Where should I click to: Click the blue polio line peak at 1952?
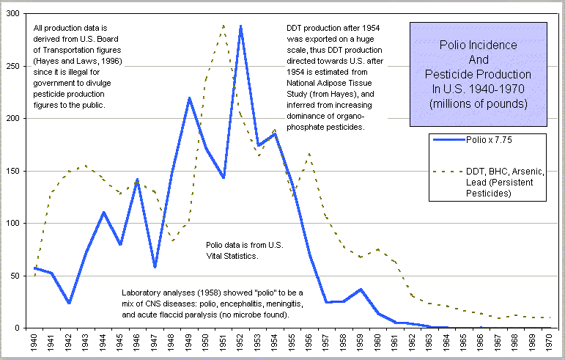240,26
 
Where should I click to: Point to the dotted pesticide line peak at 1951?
224,25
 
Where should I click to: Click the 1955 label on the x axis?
292,343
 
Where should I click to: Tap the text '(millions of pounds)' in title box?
478,103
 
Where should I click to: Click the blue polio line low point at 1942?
68,303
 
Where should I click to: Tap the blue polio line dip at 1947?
155,267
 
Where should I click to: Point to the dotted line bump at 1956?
309,154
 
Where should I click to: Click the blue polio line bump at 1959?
361,289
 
